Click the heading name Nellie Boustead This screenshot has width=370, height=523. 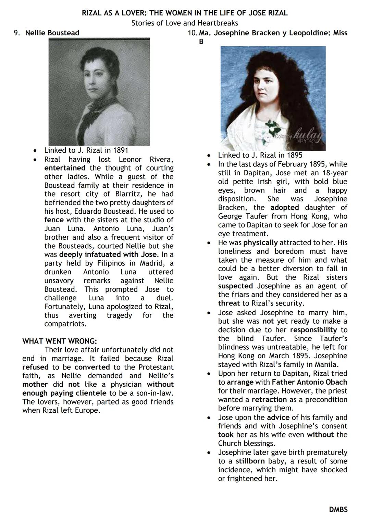coord(52,33)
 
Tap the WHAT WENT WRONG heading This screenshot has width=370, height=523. coord(60,341)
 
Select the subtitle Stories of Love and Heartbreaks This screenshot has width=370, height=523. coord(185,23)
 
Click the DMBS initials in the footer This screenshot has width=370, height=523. coord(338,509)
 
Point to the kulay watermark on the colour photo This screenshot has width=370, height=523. coord(308,134)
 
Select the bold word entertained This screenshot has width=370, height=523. coord(65,168)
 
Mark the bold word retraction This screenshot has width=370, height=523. coord(269,400)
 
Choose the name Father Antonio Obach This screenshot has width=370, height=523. coord(309,382)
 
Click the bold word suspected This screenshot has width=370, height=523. coord(235,286)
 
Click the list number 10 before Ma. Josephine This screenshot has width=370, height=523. coord(192,33)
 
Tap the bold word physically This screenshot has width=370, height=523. coord(260,243)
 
